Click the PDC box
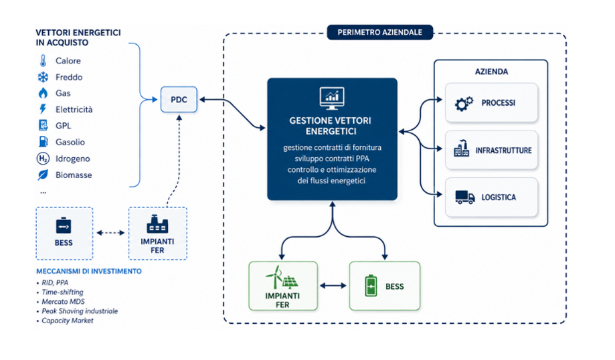(179, 100)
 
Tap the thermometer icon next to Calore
(43, 61)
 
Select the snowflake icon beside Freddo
(43, 77)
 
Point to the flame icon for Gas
(43, 93)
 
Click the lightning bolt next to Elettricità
(43, 109)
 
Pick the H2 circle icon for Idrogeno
(43, 159)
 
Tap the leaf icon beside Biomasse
(43, 175)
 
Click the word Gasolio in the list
(70, 142)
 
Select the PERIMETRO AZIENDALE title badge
(380, 33)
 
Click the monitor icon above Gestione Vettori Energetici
(332, 98)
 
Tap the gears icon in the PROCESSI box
(464, 104)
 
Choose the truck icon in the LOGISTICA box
(465, 197)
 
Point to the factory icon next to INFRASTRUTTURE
(462, 149)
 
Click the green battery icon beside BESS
(371, 286)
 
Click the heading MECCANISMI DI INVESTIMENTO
(89, 271)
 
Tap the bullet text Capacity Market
(68, 321)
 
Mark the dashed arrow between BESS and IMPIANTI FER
(110, 233)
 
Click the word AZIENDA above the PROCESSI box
(491, 72)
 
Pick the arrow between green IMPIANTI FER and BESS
(333, 286)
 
